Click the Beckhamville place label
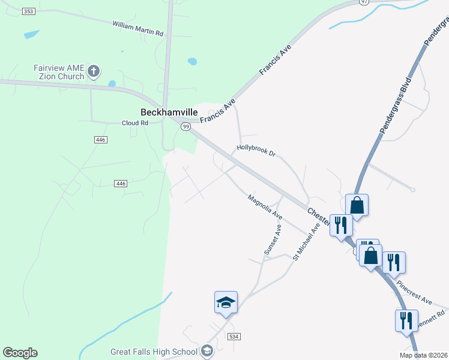coord(169,112)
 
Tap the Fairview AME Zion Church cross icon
coord(93,72)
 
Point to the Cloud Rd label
coord(135,123)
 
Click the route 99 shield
coord(186,127)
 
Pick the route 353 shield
coord(28,11)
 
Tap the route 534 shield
coord(234,337)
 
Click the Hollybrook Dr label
coord(256,150)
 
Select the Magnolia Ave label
coord(265,206)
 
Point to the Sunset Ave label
coord(271,240)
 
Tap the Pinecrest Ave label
coord(414,291)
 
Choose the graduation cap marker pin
coord(226,302)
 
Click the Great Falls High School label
coord(154,352)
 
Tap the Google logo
coord(20,353)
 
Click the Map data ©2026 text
coord(423,355)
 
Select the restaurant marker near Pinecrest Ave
coord(394,262)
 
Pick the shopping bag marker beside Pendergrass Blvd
coord(357,205)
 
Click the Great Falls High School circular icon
coord(207,351)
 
